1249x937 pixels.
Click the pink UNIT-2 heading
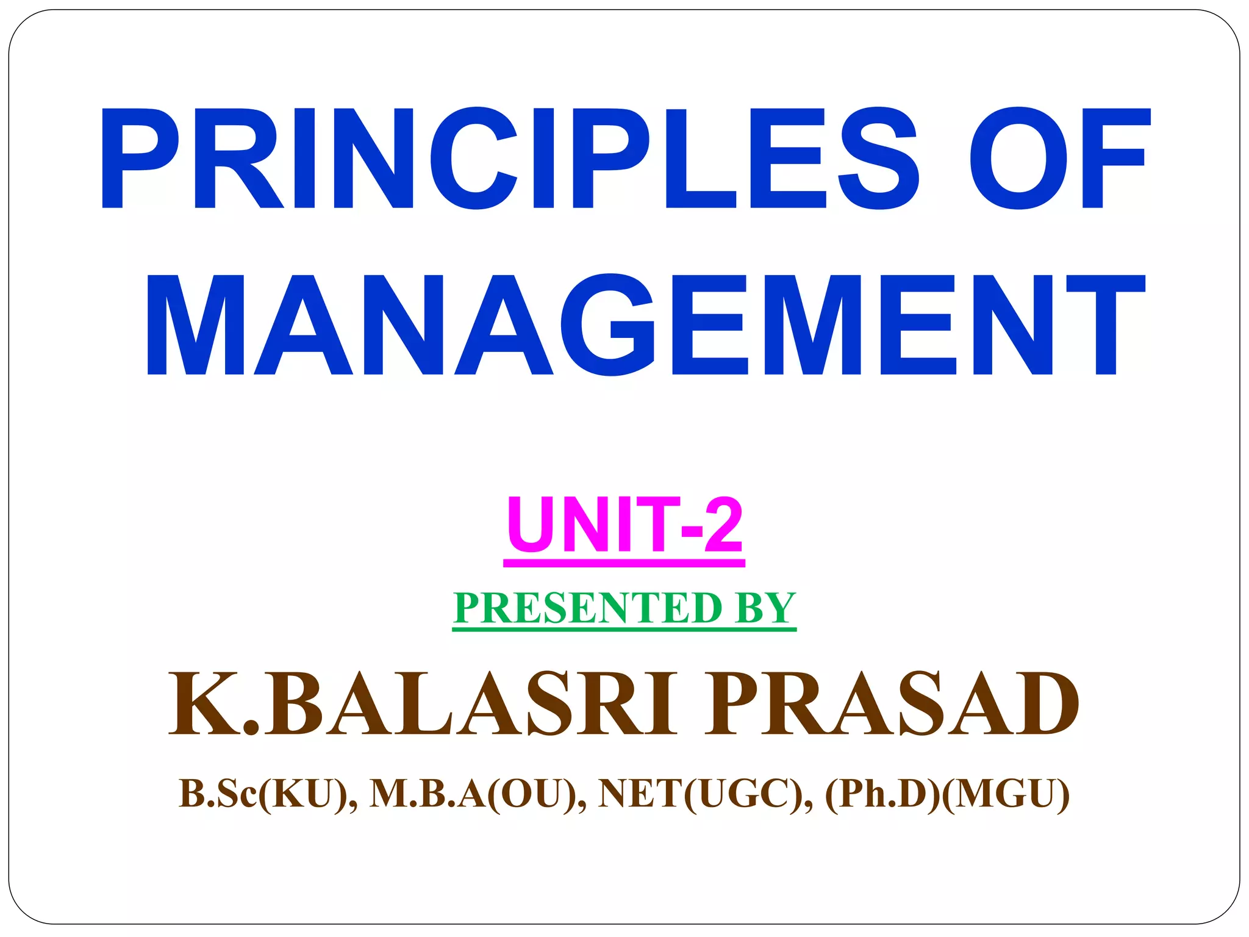(624, 525)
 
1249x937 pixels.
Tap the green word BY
(765, 608)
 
